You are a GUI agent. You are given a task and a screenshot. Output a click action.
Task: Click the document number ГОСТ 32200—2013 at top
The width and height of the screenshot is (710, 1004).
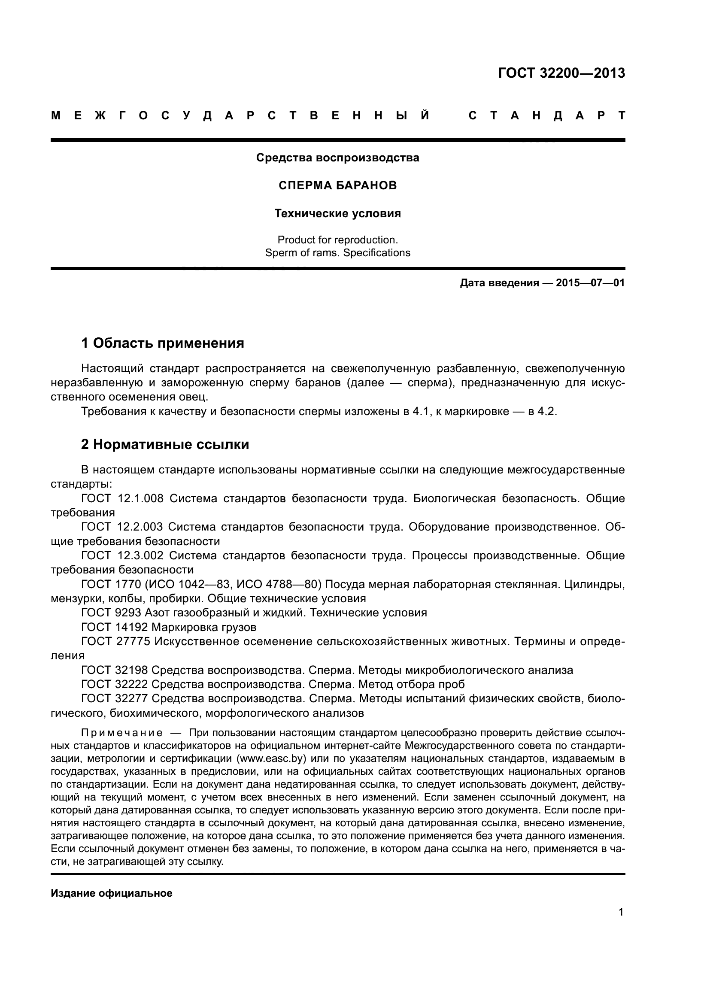pos(561,73)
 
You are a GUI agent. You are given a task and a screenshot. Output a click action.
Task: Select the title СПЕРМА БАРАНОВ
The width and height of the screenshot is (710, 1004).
pos(337,185)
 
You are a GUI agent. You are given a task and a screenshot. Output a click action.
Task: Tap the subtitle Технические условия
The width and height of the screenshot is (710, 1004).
pos(337,213)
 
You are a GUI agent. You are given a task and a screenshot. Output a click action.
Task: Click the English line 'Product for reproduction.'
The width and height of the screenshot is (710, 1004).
pos(337,240)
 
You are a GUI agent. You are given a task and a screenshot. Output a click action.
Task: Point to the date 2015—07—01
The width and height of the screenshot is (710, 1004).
pos(590,283)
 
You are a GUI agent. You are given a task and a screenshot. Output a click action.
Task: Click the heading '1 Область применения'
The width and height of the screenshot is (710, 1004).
pos(163,343)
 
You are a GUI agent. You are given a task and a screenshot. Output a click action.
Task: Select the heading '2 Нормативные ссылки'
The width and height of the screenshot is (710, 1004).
pos(165,444)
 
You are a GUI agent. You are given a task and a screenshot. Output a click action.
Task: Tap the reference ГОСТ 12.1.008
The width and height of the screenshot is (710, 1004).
pos(122,498)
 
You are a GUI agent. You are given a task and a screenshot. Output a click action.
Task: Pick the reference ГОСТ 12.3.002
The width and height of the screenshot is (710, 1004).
pos(122,555)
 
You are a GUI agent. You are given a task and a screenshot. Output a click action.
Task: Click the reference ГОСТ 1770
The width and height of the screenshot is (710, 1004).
pos(111,584)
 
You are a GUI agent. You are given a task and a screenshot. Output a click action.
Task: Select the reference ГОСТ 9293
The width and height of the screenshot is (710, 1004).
pos(111,613)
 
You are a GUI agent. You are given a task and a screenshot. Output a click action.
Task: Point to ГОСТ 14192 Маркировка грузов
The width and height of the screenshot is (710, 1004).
pos(168,627)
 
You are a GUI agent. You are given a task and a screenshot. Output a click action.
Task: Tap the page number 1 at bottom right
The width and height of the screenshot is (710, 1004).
pos(621,912)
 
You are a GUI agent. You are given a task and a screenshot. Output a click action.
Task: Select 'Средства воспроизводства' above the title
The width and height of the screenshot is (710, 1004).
pos(337,158)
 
